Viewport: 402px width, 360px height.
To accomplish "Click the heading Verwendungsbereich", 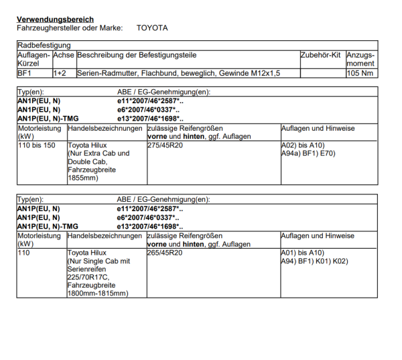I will pyautogui.click(x=55, y=19).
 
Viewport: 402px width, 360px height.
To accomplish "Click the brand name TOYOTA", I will pyautogui.click(x=152, y=28).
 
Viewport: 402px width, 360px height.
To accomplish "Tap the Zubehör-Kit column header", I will pyautogui.click(x=321, y=55).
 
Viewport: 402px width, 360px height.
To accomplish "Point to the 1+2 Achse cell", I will pyautogui.click(x=60, y=73).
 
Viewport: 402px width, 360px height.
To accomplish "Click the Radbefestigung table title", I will pyautogui.click(x=44, y=45).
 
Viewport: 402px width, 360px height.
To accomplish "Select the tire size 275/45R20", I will pyautogui.click(x=164, y=145).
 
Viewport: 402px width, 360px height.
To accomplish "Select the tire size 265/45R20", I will pyautogui.click(x=164, y=253).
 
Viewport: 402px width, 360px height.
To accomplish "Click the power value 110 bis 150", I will pyautogui.click(x=38, y=145).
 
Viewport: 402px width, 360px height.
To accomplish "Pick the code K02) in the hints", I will pyautogui.click(x=339, y=261).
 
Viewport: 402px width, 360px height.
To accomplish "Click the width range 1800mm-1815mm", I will pyautogui.click(x=97, y=293).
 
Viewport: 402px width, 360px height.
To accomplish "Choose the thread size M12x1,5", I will pyautogui.click(x=265, y=73).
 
